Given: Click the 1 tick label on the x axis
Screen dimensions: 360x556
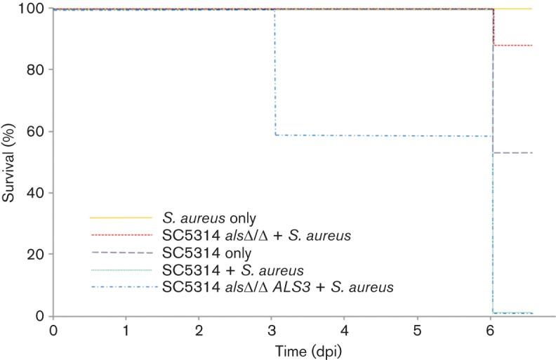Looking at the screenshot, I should [126, 329].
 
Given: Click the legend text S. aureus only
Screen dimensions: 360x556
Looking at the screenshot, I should [205, 218].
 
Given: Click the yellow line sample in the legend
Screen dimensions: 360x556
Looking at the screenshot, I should [121, 218].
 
